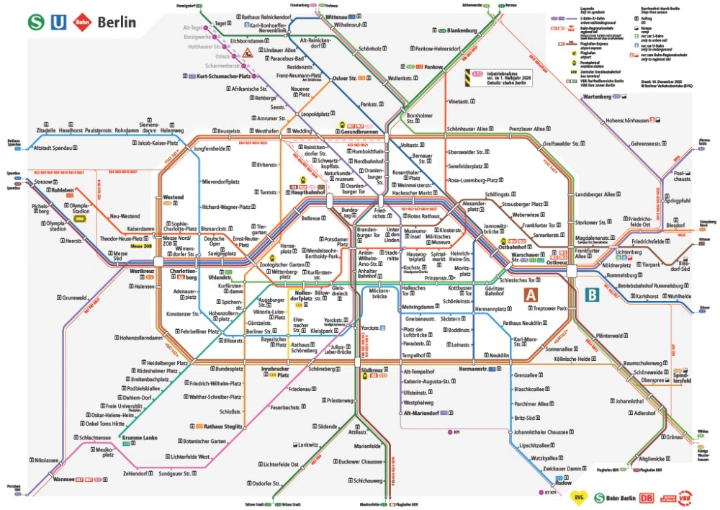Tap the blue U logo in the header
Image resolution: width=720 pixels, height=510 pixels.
pos(58,22)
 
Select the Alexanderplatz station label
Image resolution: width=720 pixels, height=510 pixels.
pos(474,206)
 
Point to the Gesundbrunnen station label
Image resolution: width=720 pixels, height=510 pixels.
pos(360,132)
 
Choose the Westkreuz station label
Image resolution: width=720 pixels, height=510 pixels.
pos(143,272)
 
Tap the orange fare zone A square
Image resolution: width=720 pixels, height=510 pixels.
pos(531,294)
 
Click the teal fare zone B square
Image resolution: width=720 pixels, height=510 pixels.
pos(592,294)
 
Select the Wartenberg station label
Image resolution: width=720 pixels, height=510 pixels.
pos(597,97)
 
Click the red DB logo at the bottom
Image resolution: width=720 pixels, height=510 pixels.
pos(647,496)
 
